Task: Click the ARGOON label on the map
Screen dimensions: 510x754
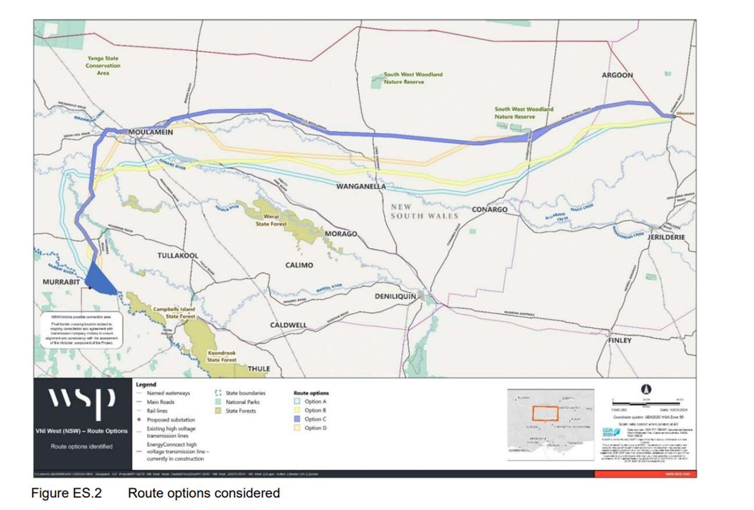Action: [617, 75]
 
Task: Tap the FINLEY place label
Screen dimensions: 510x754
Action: [619, 340]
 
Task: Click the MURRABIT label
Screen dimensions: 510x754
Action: [60, 282]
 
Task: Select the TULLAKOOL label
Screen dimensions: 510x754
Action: [178, 256]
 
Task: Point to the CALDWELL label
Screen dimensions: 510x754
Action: [288, 324]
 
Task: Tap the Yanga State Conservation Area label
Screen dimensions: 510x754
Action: [103, 66]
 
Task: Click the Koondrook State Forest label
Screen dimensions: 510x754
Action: [222, 356]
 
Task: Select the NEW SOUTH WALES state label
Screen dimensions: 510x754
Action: [424, 211]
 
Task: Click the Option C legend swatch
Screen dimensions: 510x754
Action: [297, 419]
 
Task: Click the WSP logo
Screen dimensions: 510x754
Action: [81, 401]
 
